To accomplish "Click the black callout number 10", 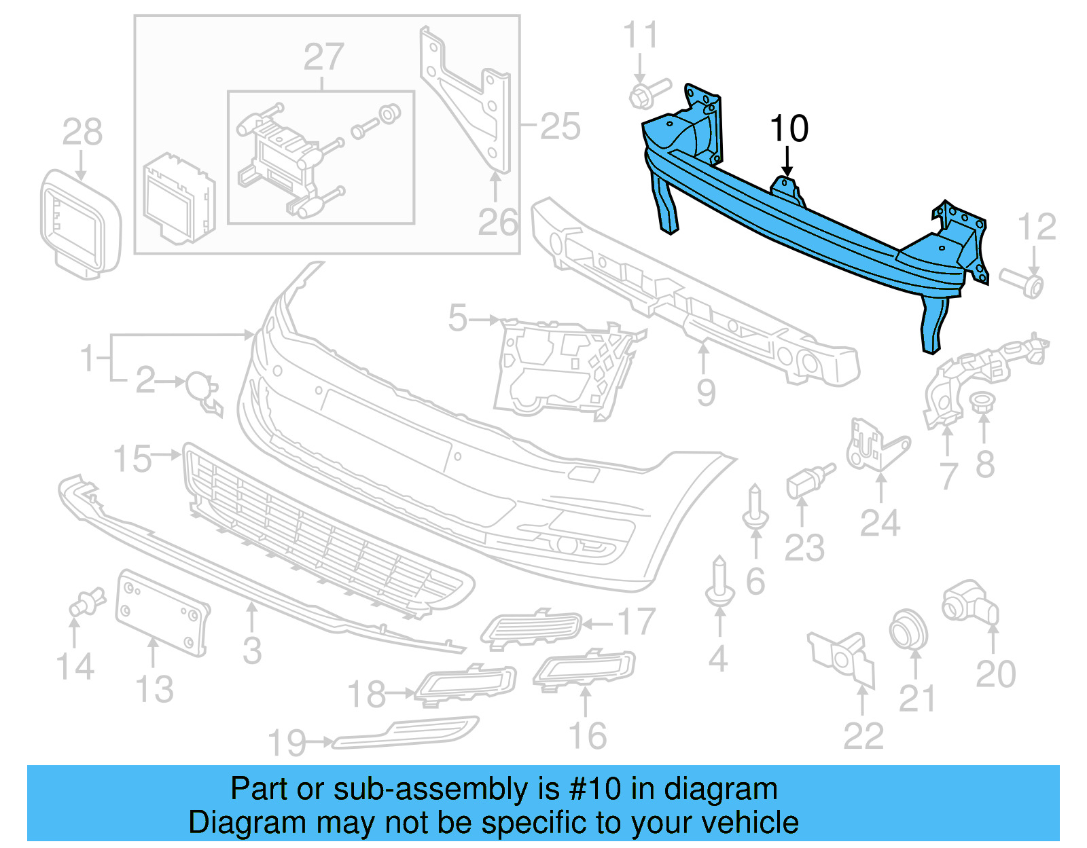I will tap(789, 129).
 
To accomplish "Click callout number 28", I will tap(82, 132).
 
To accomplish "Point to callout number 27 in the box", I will tap(323, 57).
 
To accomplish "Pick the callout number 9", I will tap(706, 392).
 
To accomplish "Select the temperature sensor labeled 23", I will tap(807, 481).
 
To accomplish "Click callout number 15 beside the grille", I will tap(132, 460).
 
